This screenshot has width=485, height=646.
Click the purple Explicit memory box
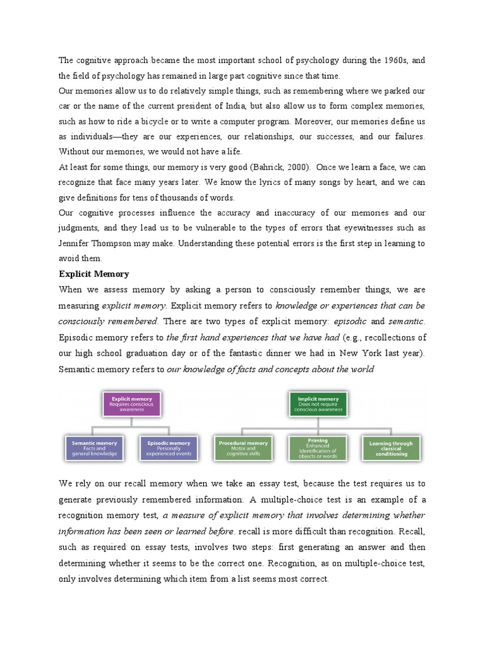tap(131, 404)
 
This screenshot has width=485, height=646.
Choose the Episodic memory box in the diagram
tap(168, 448)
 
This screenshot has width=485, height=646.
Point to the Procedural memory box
tap(243, 448)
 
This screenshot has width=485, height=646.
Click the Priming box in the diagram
tap(318, 448)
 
